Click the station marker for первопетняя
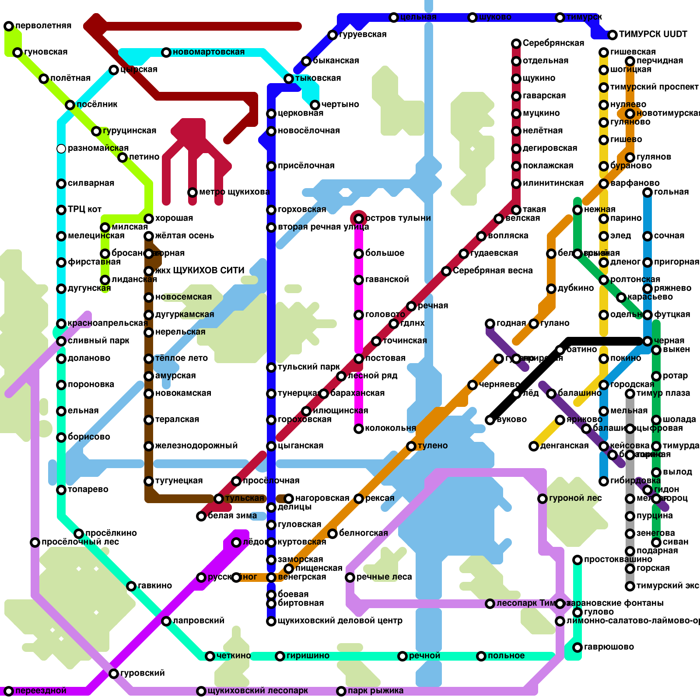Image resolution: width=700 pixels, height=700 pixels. coord(9,26)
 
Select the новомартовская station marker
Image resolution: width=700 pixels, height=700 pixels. coord(166,52)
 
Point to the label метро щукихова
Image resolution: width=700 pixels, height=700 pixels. coord(234,192)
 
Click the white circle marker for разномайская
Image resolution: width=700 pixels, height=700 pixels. coord(61,149)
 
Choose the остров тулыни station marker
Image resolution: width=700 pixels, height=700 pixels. coord(359,219)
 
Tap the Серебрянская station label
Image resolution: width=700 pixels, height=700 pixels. coord(553,43)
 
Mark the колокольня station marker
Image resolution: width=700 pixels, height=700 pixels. coord(359,429)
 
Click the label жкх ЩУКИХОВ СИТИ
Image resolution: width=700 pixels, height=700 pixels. coord(199,271)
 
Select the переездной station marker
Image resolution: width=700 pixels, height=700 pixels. coord(9,691)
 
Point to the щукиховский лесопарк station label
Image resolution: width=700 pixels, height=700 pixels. coord(258,691)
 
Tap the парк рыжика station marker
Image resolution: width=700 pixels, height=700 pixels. coord(341,691)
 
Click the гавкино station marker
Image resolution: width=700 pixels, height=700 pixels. coord(131,586)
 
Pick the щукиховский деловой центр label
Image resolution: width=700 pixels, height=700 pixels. coord(339,621)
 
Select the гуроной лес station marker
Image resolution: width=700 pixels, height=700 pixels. coord(542,499)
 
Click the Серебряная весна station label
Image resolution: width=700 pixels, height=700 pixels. coord(493,271)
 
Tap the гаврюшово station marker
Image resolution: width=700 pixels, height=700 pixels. coord(577,647)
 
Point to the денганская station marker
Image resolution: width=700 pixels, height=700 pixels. coord(534,446)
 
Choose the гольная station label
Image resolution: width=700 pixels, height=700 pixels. coord(671,192)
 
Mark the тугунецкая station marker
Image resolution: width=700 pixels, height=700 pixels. coord(149,481)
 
